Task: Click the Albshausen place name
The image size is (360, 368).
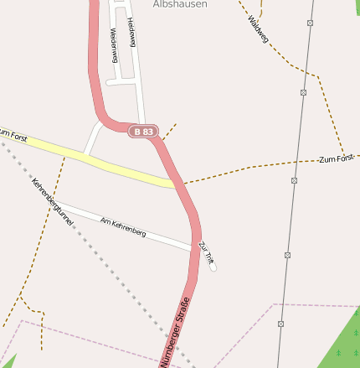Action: coord(179,4)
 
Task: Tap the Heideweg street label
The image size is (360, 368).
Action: coord(131,30)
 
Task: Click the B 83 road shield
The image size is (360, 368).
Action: coord(143,132)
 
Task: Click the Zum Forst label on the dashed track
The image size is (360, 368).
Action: coord(336,158)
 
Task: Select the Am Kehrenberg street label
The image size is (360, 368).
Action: coord(122,226)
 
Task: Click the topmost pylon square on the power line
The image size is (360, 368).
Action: coord(310,23)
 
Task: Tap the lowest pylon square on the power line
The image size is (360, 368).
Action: coord(280,323)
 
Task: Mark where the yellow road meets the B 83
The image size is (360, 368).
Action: coord(177,183)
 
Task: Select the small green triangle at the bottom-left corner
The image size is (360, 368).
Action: coord(7,360)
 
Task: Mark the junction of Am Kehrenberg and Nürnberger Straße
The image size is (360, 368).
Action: coord(194,247)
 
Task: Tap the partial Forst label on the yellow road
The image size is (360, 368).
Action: coord(13,134)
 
